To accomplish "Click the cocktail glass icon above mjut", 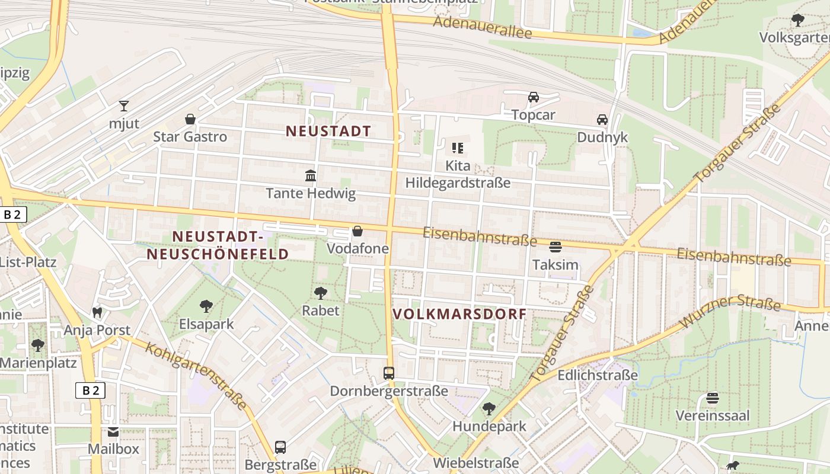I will coord(123,106).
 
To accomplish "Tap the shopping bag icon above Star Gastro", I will coord(190,119).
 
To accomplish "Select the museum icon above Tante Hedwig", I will coord(310,175).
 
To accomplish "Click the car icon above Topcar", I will coord(533,97).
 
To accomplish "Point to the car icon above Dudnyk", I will coord(602,120).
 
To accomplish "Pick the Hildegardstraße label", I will coord(458,182).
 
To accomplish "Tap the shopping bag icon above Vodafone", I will coord(357,231).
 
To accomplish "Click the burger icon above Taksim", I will coord(556,246).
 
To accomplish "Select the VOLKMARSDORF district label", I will coord(459,314).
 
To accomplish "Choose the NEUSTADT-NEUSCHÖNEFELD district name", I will coord(218,245).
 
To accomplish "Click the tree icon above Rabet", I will coord(321,293).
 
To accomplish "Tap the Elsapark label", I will coord(206,324).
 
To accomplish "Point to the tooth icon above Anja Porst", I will coord(97,312).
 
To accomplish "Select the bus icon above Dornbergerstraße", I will coord(389,373).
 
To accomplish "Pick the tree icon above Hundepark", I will coord(489,408).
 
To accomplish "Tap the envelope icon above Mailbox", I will coord(113,431).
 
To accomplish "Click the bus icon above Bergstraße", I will coord(280,447).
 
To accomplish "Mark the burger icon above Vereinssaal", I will coord(713,398).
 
